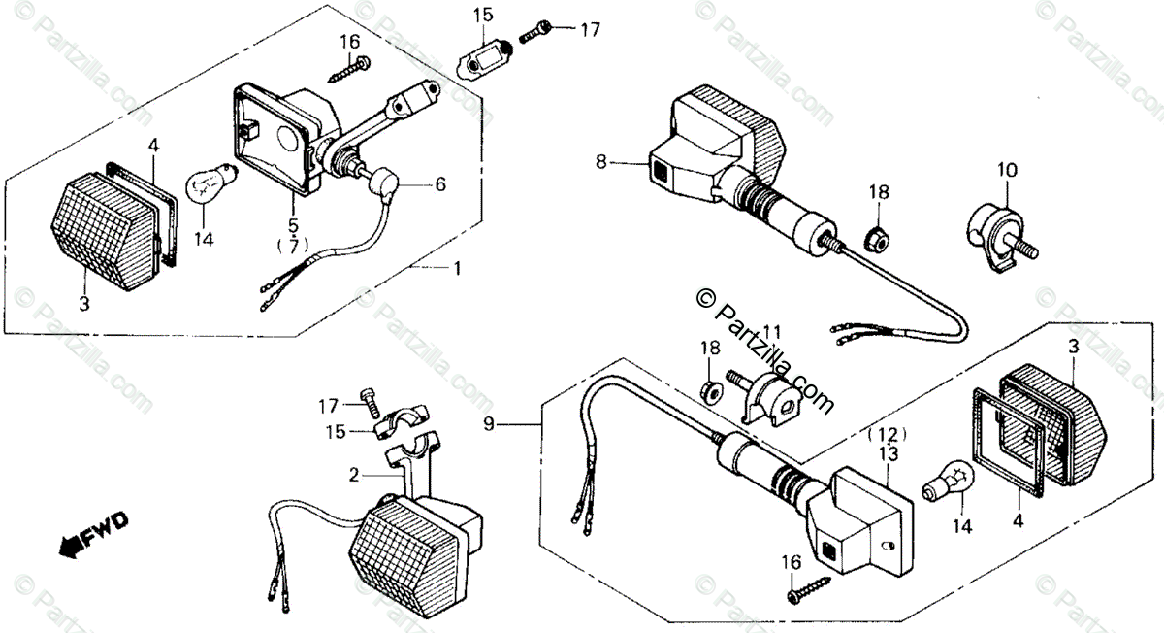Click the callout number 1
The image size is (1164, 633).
457,268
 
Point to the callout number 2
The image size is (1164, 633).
354,475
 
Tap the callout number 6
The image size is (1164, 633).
440,183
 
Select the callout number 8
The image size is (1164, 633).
601,162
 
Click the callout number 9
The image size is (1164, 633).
489,424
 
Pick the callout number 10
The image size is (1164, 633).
1007,170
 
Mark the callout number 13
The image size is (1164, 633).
889,454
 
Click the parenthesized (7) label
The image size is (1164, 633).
294,245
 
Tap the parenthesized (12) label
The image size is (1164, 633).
889,434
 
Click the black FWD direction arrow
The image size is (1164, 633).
92,536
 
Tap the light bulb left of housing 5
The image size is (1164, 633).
210,183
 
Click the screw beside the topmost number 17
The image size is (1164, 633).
535,30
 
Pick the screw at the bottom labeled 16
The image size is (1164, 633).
809,590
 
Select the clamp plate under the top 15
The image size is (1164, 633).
484,61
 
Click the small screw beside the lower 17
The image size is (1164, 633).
371,403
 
